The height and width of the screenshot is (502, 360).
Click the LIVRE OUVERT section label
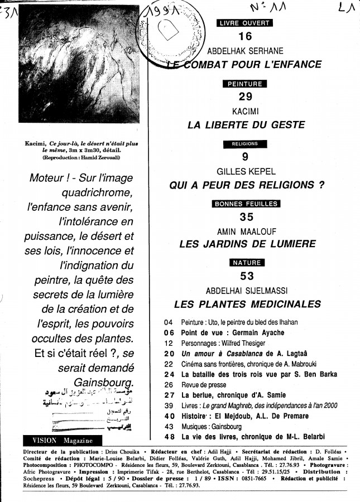pos(245,23)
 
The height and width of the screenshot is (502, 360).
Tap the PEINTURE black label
pos(245,84)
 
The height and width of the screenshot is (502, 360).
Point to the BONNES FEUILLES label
pos(246,204)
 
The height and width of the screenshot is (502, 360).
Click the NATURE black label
pos(246,263)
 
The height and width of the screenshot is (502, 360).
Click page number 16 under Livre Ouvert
pos(245,37)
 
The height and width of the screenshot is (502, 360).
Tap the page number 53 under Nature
pos(247,276)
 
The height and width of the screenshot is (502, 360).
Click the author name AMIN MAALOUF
pos(247,231)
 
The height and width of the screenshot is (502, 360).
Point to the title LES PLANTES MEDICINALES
pos(247,304)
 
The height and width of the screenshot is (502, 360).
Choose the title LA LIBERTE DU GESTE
pos(248,125)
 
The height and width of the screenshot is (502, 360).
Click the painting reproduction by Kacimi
pos(79,64)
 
